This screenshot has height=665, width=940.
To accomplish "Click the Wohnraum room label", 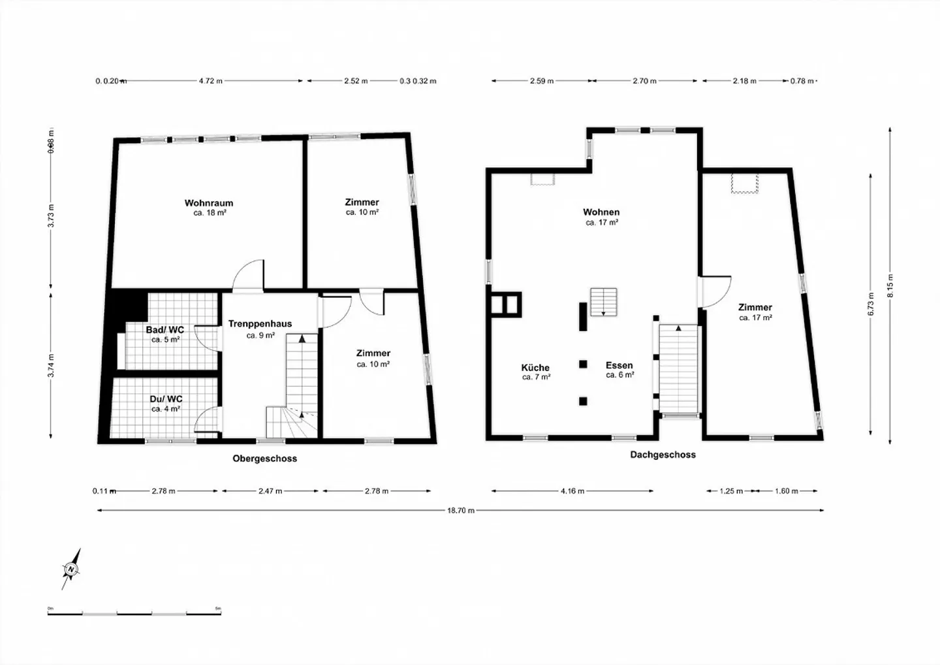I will pyautogui.click(x=209, y=203).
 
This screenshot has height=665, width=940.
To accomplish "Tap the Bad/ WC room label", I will pyautogui.click(x=165, y=330).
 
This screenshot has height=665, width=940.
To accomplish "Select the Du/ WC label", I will pyautogui.click(x=166, y=399).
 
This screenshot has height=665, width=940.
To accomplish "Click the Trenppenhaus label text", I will pyautogui.click(x=260, y=324).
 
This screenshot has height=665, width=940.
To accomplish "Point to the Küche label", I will pyautogui.click(x=535, y=368).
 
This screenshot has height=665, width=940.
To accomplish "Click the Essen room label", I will pyautogui.click(x=619, y=366).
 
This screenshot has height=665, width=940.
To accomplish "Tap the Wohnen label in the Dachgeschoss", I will pyautogui.click(x=601, y=212).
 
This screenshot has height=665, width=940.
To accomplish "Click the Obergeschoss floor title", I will pyautogui.click(x=264, y=459).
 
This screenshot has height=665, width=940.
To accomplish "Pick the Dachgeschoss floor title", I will pyautogui.click(x=663, y=455).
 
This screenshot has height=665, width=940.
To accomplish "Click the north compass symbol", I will pyautogui.click(x=70, y=569).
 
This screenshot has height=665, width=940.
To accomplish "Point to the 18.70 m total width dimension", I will pyautogui.click(x=460, y=511).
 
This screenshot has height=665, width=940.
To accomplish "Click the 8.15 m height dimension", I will pyautogui.click(x=890, y=286).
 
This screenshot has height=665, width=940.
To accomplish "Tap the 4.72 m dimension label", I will pyautogui.click(x=210, y=81).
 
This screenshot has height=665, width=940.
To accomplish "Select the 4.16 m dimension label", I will pyautogui.click(x=572, y=491).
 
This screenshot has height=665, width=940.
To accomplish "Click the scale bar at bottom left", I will pyautogui.click(x=134, y=612).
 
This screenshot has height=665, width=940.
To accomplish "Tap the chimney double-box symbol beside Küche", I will pyautogui.click(x=507, y=304).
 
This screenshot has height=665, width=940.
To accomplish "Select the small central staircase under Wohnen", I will pyautogui.click(x=603, y=302).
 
